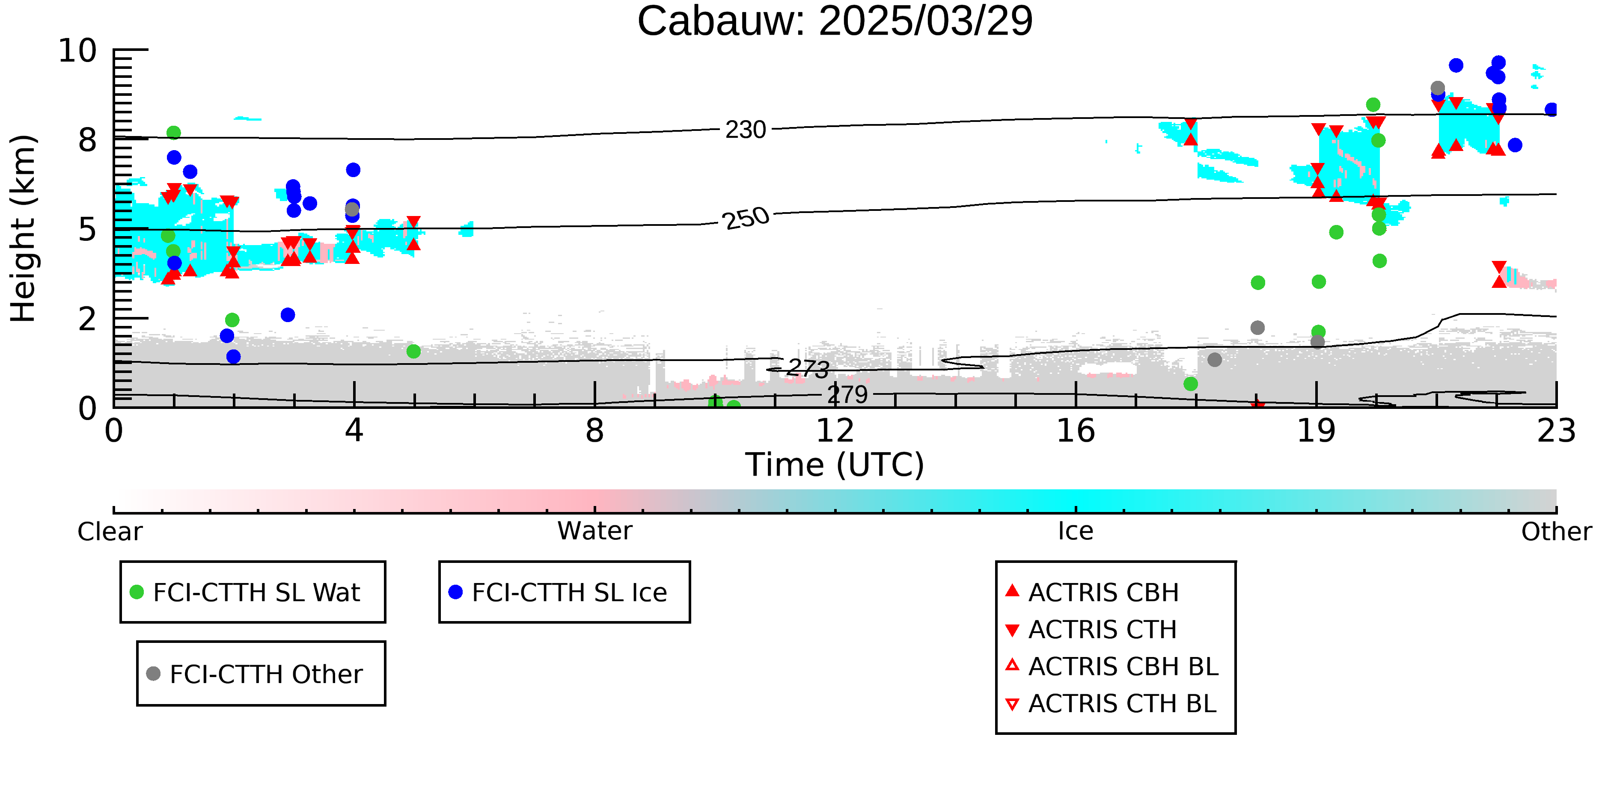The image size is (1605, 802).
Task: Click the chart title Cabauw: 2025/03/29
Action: (835, 21)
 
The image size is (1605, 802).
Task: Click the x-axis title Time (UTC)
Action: (835, 465)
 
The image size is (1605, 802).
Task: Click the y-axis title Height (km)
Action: (24, 228)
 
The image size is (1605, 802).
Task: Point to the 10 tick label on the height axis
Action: (78, 50)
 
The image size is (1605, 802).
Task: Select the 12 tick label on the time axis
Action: (835, 431)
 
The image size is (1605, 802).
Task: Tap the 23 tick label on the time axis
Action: (1556, 431)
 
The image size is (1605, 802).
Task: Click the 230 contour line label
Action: (746, 130)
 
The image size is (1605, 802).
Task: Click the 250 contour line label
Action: (746, 219)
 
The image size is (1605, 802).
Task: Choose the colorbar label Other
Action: (1556, 532)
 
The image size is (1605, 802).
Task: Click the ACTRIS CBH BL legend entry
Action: (1112, 666)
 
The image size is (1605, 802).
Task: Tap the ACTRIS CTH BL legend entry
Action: (1111, 704)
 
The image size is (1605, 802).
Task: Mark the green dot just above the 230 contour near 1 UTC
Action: (174, 133)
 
